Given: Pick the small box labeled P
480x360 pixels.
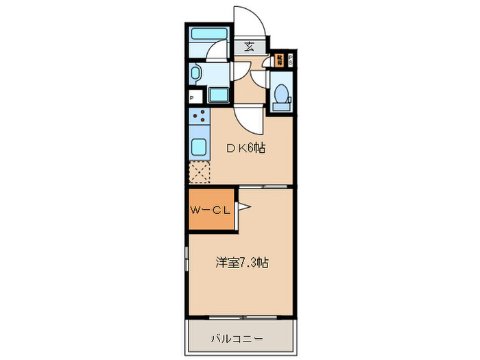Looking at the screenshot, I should click(x=193, y=97).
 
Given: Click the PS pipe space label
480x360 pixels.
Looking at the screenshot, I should click(x=290, y=60).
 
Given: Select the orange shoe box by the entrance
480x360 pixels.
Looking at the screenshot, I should click(x=280, y=60).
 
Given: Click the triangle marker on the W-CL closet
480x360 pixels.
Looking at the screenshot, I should click(x=243, y=206).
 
